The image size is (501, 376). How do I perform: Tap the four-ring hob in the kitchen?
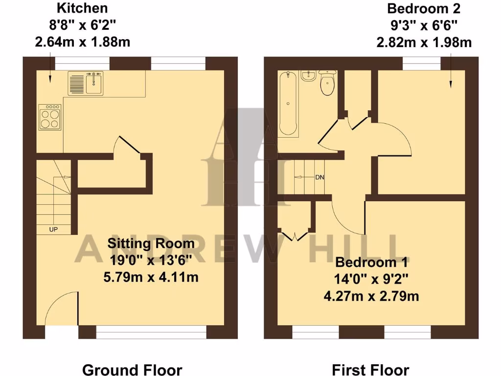point(50,117)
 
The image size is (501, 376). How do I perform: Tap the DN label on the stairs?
point(319,177)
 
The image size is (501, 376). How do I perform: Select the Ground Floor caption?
point(132,369)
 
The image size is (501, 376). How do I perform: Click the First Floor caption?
point(370,369)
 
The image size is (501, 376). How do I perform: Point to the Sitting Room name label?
point(151,243)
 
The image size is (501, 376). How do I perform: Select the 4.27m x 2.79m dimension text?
point(371,296)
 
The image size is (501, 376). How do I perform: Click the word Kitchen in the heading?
point(82,8)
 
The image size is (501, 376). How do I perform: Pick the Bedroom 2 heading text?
point(424,8)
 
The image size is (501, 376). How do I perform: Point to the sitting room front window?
point(151,333)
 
